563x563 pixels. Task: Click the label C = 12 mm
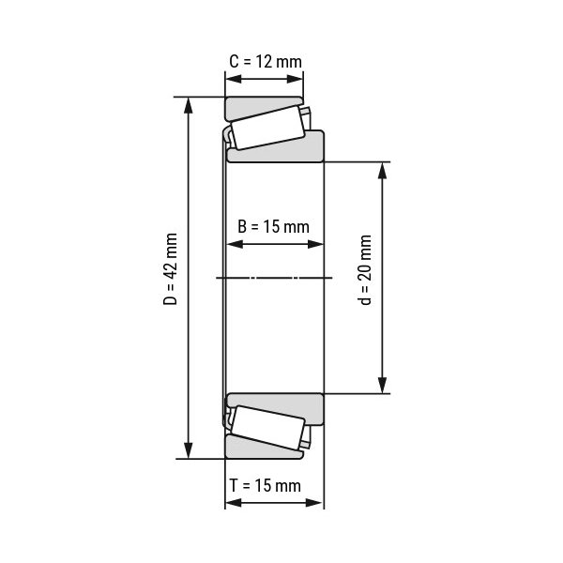click(x=266, y=62)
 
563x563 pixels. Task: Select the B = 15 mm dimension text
click(x=273, y=226)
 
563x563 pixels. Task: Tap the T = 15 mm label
click(x=266, y=485)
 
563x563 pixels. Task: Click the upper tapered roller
click(x=266, y=127)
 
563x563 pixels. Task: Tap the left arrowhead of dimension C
click(x=231, y=79)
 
